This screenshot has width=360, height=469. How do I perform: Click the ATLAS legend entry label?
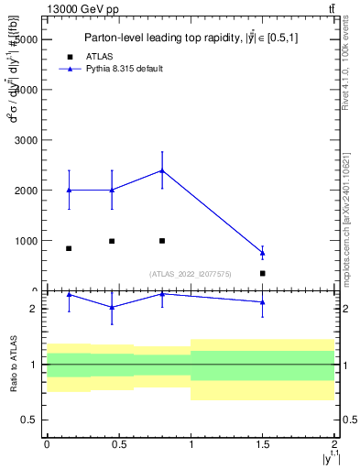99,56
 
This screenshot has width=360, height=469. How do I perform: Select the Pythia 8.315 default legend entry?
125,69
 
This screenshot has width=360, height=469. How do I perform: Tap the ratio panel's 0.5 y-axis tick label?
29,420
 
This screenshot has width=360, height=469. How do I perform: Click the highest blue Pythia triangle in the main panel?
162,170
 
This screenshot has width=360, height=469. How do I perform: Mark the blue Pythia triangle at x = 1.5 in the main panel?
262,253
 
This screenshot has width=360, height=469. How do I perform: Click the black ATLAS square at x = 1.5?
262,273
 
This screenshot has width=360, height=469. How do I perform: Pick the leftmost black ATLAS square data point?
69,248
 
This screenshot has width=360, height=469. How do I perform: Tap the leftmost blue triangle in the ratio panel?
69,295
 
